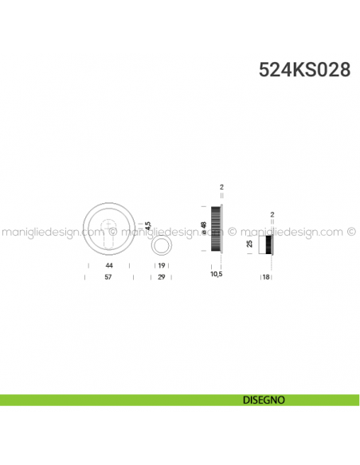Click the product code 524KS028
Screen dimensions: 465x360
click(304, 69)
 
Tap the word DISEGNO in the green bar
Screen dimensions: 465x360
click(262, 400)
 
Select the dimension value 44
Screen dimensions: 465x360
click(108, 264)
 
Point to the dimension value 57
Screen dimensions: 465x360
click(108, 276)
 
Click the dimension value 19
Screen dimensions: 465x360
click(161, 264)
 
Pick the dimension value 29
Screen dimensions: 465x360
click(161, 276)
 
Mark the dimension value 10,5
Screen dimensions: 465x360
click(215, 274)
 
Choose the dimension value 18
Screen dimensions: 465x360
click(267, 276)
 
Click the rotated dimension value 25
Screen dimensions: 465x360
click(249, 244)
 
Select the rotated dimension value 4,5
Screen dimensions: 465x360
click(148, 225)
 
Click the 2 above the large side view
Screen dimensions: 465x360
click(221, 188)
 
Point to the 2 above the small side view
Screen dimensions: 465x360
click(272, 214)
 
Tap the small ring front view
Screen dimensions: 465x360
click(161, 244)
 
